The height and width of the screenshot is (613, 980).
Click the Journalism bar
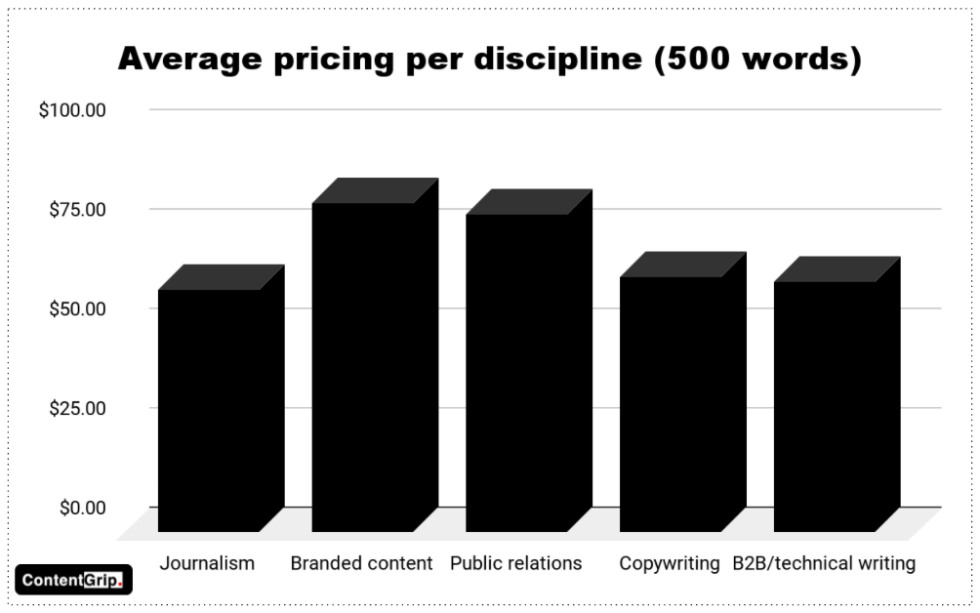(x=209, y=410)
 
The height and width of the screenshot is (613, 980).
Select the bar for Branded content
(x=363, y=367)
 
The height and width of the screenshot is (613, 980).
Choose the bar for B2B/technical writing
(x=824, y=406)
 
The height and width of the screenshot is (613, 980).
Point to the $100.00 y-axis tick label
(x=72, y=109)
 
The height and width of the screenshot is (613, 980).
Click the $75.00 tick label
(x=77, y=209)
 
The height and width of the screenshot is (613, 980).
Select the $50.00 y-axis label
(x=77, y=308)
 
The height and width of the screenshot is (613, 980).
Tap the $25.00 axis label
(x=77, y=408)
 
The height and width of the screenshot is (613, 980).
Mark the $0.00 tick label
(x=82, y=508)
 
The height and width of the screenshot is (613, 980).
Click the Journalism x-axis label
(x=207, y=563)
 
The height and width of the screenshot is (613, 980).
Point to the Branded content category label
(x=361, y=563)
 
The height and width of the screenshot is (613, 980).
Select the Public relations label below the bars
(x=515, y=563)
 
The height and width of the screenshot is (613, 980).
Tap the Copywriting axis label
(x=670, y=563)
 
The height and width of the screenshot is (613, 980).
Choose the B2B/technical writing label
(x=824, y=563)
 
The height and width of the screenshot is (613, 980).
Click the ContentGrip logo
(x=73, y=580)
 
